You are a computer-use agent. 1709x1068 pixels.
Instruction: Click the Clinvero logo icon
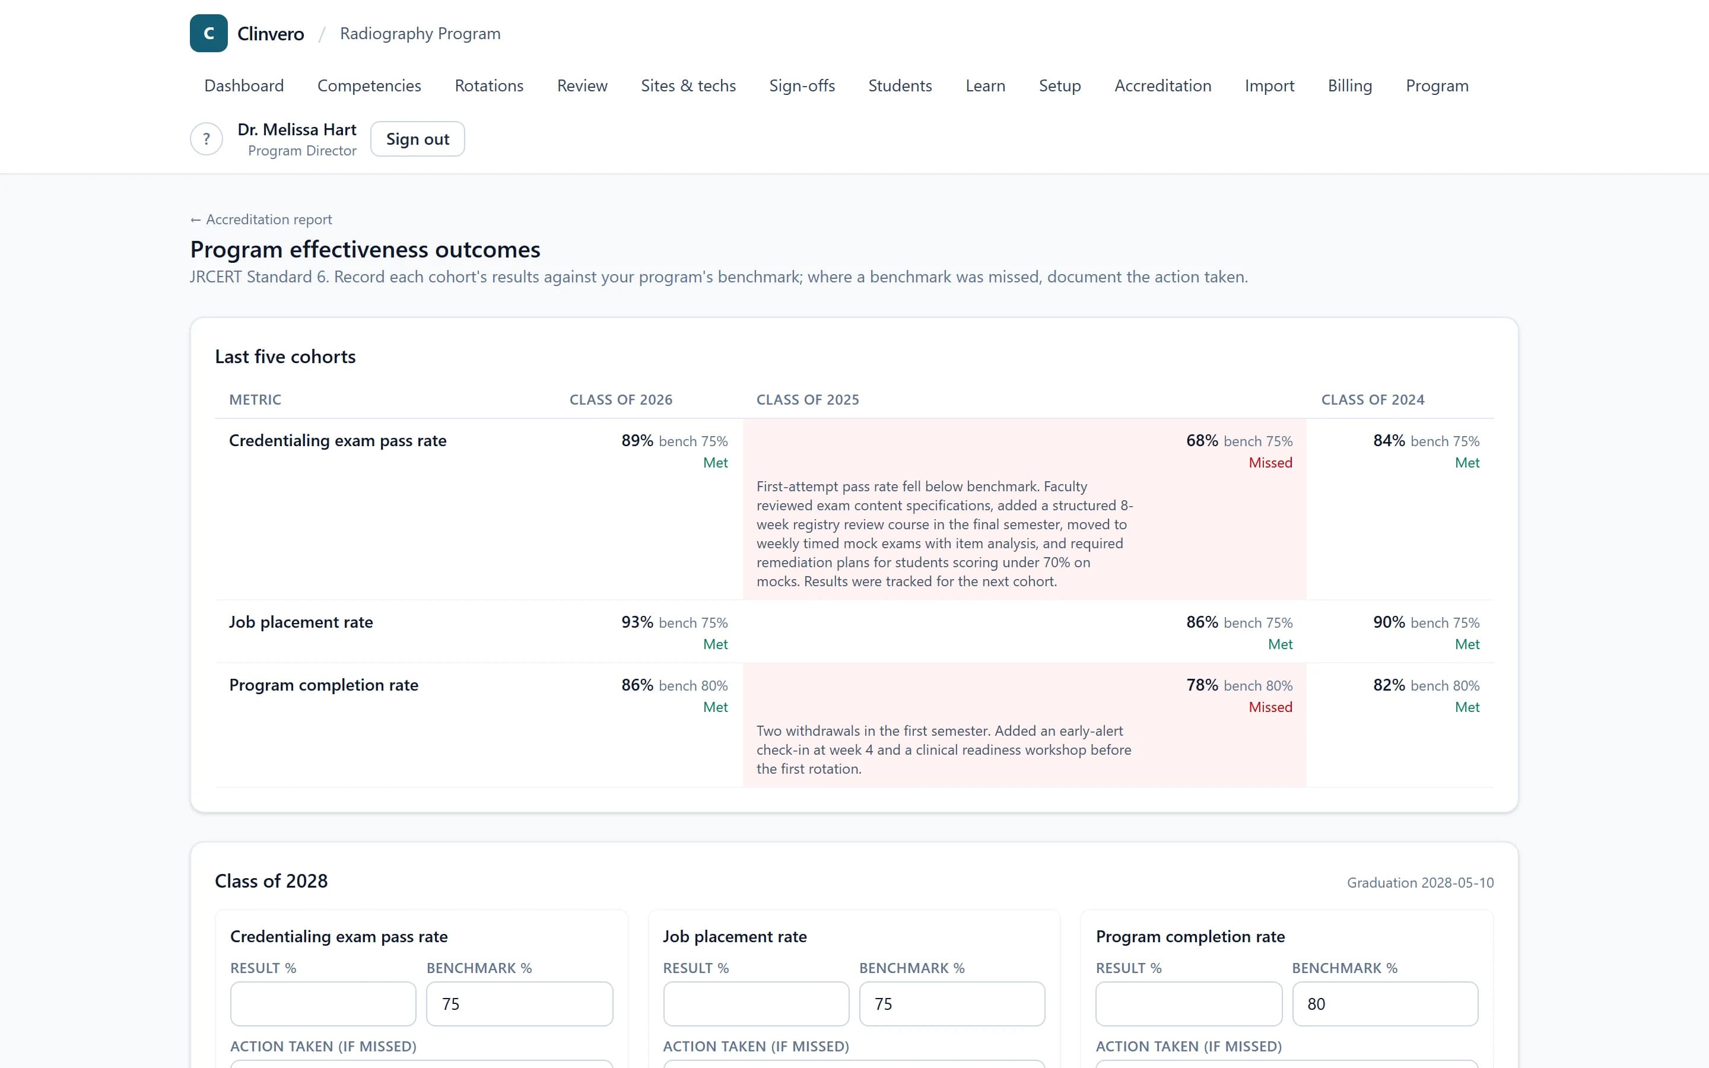[x=208, y=33]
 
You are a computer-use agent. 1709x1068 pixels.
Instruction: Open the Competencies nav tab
[x=369, y=85]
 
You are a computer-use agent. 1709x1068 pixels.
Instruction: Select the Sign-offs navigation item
[x=802, y=85]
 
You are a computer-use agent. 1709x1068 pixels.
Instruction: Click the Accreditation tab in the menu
[x=1162, y=85]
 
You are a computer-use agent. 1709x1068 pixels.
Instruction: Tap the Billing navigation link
[x=1349, y=85]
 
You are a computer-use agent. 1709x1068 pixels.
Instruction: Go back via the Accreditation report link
[x=261, y=220]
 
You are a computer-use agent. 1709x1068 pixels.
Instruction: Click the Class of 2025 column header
[x=807, y=400]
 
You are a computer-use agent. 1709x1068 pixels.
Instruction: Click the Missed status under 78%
[x=1270, y=707]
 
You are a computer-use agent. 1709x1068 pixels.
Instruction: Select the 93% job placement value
[x=637, y=622]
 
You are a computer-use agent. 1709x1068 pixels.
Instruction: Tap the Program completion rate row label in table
[x=323, y=685]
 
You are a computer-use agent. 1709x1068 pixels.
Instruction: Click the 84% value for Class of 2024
[x=1389, y=441]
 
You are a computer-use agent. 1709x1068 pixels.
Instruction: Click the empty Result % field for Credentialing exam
[x=323, y=1004]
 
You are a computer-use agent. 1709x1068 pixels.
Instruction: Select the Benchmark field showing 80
[x=1384, y=1004]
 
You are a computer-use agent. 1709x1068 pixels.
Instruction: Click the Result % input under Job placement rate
[x=755, y=1004]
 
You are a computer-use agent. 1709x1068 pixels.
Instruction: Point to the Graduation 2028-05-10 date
[x=1419, y=883]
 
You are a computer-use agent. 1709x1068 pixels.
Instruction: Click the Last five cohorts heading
[x=285, y=357]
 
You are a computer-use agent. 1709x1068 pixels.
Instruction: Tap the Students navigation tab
[x=900, y=85]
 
